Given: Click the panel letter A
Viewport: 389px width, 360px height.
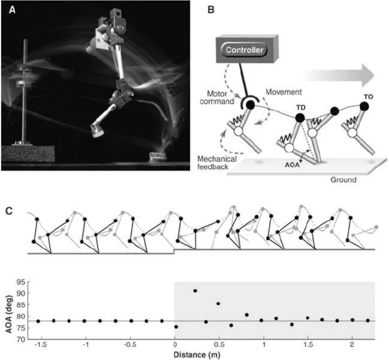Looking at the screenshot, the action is point(12,10).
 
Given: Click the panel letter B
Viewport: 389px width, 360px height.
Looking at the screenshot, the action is point(210,10).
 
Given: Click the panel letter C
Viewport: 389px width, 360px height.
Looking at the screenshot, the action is point(9,211).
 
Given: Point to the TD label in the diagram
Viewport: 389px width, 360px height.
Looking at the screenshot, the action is point(300,108).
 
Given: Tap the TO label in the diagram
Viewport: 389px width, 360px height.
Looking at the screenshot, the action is point(368,96).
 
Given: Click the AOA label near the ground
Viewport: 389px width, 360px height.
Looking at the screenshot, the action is point(292,165).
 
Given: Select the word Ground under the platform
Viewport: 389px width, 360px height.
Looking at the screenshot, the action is point(343,179).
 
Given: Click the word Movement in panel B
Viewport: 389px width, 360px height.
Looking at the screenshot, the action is point(284,92).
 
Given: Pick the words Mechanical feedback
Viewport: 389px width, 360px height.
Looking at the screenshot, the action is point(217,162).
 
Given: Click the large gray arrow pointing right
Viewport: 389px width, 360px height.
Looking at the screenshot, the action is point(339,75).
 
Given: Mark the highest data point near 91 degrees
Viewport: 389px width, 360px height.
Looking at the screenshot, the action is point(195,291).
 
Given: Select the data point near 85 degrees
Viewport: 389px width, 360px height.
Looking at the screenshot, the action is point(218,304).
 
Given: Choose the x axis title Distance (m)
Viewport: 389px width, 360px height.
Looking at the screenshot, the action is point(197,355).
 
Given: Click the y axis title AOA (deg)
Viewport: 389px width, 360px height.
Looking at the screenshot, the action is point(9,310).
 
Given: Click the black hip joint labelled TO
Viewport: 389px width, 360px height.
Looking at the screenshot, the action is point(364,106).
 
